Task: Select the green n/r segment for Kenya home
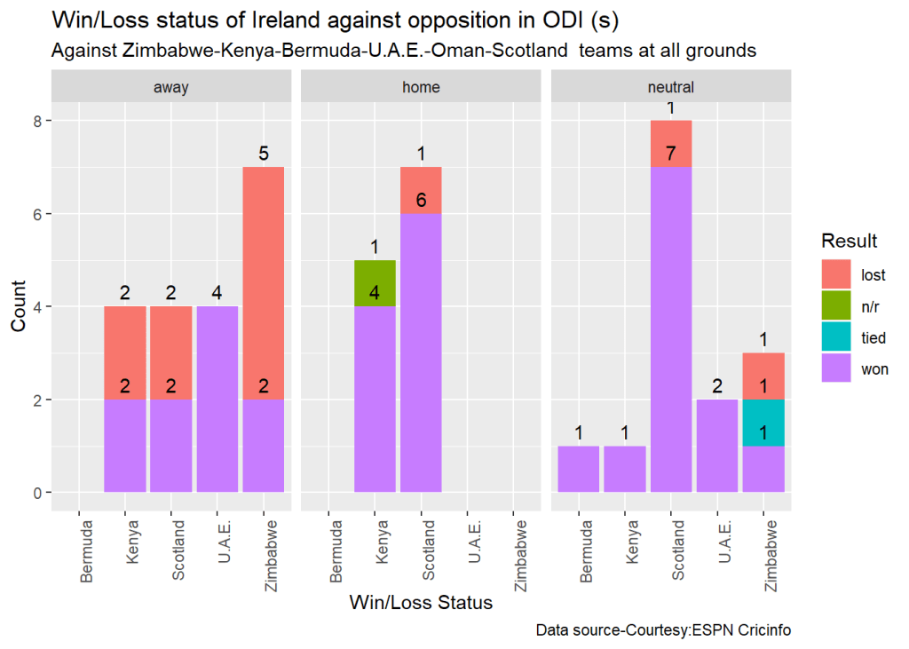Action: [x=375, y=283]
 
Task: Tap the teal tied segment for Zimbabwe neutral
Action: [x=763, y=423]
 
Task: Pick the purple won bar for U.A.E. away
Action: [x=217, y=399]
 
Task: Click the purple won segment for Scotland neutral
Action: [x=671, y=328]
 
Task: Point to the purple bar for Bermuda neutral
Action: [x=578, y=468]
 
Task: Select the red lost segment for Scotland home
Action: [x=421, y=190]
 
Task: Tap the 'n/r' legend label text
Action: [x=872, y=306]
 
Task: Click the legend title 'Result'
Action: [x=850, y=241]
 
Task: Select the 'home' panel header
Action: [x=421, y=87]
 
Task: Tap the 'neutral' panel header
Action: [x=671, y=87]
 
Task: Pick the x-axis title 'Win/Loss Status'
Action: [x=421, y=604]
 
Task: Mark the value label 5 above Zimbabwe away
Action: [x=263, y=154]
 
